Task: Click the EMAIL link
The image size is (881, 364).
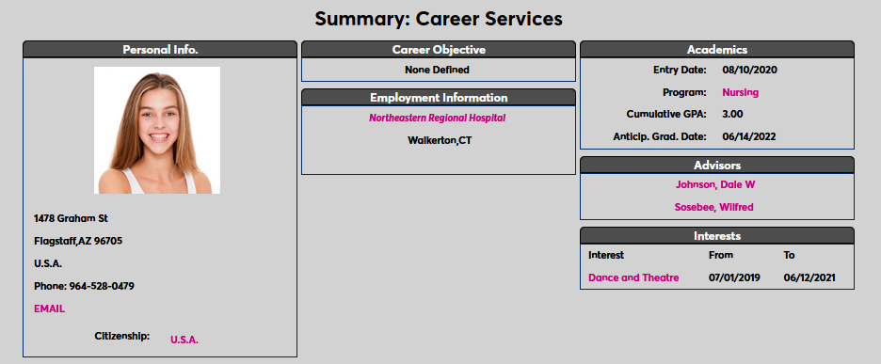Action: pos(49,309)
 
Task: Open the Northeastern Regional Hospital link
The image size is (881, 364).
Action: pos(438,119)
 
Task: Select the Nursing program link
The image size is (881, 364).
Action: pos(740,92)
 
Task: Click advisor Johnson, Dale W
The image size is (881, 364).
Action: pos(715,184)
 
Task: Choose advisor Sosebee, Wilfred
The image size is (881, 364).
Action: pos(713,207)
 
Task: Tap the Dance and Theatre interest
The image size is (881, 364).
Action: pos(633,278)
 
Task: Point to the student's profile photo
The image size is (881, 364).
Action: pos(157,130)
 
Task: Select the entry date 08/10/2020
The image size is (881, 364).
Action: pos(749,70)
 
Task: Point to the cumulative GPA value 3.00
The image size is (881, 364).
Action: pos(732,114)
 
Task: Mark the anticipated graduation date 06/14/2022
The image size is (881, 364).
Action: pos(749,137)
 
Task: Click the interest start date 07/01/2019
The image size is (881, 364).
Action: pos(734,278)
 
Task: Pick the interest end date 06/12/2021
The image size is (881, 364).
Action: pos(809,278)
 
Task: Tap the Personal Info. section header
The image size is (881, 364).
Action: pos(160,49)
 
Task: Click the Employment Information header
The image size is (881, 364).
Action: pos(438,98)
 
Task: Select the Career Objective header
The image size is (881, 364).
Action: pos(438,49)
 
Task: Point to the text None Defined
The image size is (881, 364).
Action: pos(437,69)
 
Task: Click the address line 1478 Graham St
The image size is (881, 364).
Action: pos(71,218)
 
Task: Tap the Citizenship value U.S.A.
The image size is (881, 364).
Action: pos(184,340)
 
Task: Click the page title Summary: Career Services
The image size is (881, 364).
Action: pos(438,18)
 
